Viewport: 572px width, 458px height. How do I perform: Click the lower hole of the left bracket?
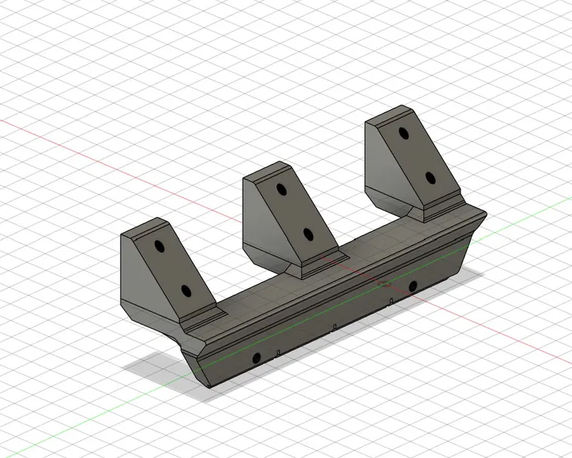[x=186, y=292]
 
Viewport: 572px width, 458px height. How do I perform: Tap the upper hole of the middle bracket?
[x=281, y=189]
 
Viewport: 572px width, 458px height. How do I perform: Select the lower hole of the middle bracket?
[x=308, y=234]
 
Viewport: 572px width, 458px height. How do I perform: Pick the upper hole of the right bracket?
[x=403, y=134]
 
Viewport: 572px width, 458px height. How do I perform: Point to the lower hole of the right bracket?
[x=429, y=178]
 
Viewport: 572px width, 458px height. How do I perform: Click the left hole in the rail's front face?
[x=256, y=358]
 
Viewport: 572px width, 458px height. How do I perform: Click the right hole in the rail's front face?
[x=413, y=285]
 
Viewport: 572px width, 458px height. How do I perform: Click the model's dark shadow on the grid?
[x=158, y=366]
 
